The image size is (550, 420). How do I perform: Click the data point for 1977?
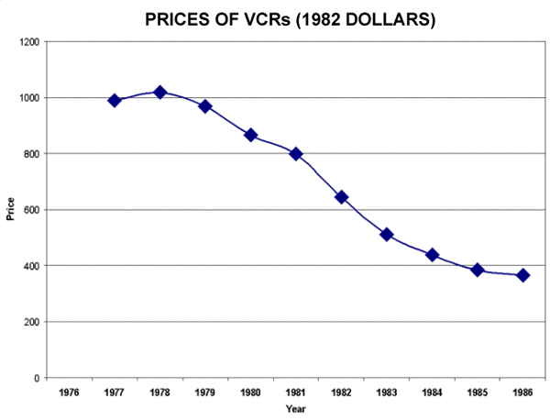[115, 100]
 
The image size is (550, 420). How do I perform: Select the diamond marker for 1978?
[159, 92]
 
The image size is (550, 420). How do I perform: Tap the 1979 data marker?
[205, 106]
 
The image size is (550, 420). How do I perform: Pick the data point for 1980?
[250, 135]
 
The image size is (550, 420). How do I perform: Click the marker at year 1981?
[296, 153]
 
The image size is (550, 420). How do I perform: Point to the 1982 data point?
[341, 196]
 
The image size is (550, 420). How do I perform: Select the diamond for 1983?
[387, 234]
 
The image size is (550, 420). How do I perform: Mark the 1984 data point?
[432, 254]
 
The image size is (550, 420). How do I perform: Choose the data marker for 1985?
[478, 270]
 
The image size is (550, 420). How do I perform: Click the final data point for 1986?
[522, 275]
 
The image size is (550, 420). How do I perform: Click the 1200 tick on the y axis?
[29, 42]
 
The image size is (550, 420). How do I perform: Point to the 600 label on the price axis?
[32, 210]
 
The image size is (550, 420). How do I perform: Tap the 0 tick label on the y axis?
[37, 378]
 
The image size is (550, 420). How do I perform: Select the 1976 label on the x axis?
[69, 392]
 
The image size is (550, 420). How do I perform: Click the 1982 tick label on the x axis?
[341, 392]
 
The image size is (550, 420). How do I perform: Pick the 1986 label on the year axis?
[522, 392]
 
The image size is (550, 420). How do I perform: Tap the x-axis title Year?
[295, 408]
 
